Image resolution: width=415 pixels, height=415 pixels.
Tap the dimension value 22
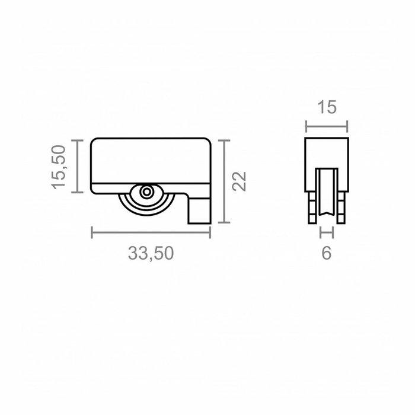[x=238, y=181]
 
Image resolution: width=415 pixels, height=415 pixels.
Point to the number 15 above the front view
[x=327, y=107]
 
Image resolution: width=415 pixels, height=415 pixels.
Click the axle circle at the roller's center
[x=146, y=193]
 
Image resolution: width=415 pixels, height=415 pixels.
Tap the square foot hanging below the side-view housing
[x=199, y=211]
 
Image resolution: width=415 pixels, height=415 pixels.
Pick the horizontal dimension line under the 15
[x=327, y=126]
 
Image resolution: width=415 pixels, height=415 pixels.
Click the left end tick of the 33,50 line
[x=92, y=232]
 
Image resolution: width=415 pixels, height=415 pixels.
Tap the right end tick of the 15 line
[x=347, y=126]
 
